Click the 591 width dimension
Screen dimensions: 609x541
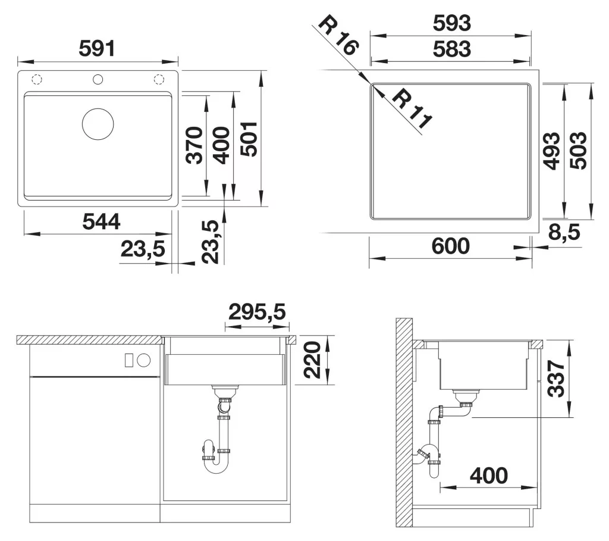point(97,49)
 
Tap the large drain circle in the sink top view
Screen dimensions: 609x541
point(98,124)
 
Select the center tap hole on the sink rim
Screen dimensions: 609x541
point(98,79)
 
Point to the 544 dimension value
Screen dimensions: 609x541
point(101,221)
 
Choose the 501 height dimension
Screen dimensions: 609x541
point(249,139)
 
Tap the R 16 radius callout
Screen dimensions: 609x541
point(338,36)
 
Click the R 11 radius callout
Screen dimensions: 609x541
point(412,110)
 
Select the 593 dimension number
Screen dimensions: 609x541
point(452,23)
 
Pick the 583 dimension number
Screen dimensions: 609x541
point(452,49)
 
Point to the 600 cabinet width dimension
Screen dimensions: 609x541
point(451,246)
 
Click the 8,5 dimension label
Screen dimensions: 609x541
point(564,232)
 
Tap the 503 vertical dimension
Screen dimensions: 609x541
point(578,151)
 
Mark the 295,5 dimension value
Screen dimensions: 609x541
point(257,312)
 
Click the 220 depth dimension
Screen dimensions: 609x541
point(313,360)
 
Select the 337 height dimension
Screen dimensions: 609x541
point(556,379)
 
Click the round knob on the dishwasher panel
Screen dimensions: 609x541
point(144,360)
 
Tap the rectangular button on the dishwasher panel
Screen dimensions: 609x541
point(129,360)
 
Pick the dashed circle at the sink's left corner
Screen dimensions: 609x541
point(37,80)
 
